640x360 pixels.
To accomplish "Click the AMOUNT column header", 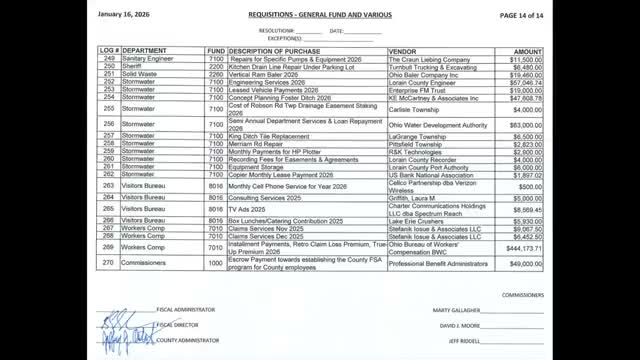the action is coord(528,50).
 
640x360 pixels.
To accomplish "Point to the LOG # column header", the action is coord(109,50).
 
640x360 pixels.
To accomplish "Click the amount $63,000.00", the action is coord(526,125).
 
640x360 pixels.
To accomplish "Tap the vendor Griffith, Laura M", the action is coord(415,199).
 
